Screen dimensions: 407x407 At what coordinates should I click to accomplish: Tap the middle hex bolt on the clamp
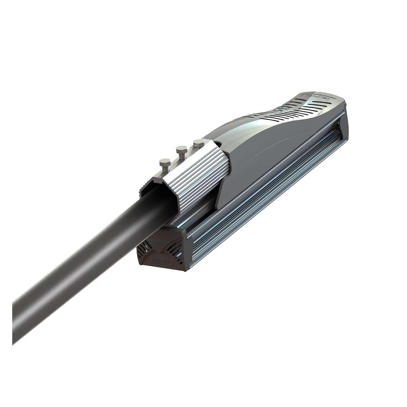(x=181, y=149)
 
